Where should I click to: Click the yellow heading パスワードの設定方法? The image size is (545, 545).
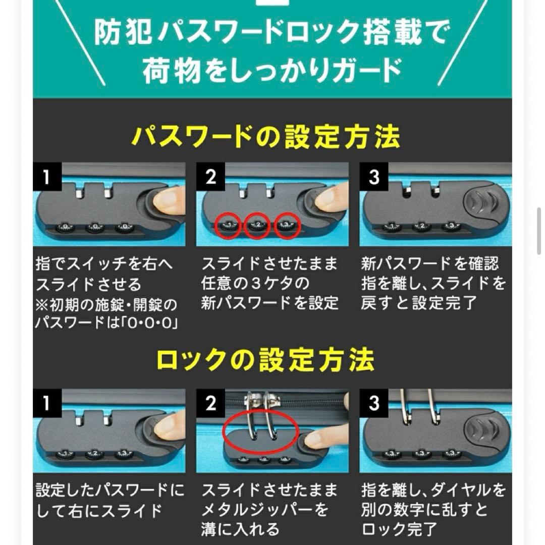[266, 137]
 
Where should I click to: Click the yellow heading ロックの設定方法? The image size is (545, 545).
[266, 360]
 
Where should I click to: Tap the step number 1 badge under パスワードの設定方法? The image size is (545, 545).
[46, 178]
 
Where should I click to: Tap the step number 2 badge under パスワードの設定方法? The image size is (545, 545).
[210, 178]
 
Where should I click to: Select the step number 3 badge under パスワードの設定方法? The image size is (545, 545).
[374, 178]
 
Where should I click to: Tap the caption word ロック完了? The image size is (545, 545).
[399, 528]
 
